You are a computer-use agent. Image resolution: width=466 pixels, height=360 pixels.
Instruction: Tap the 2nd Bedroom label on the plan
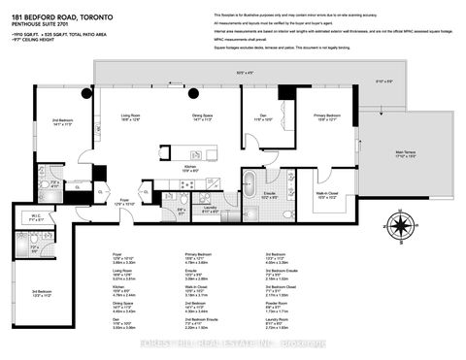pos(64,121)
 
